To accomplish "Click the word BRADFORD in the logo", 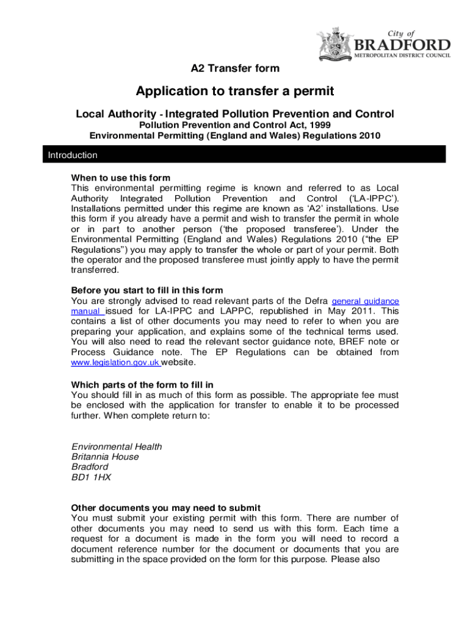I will tap(403, 45).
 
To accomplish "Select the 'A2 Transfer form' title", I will tap(235, 68).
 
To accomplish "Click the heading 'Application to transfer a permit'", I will tap(235, 92).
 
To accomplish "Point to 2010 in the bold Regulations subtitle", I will tap(369, 136).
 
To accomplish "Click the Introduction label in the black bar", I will tap(73, 155).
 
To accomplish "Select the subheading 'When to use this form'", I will tap(121, 178).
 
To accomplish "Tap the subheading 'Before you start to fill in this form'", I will tap(147, 290).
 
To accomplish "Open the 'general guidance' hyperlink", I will tap(365, 302).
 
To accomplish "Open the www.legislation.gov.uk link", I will tap(115, 363).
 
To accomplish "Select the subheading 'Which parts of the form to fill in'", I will tap(142, 385).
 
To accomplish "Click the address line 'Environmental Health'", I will tap(117, 447).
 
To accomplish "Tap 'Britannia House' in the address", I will tap(105, 457).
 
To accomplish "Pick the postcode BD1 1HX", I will tap(91, 478).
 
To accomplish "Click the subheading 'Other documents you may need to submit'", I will tap(166, 508).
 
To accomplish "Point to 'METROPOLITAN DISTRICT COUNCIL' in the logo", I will tap(403, 56).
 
